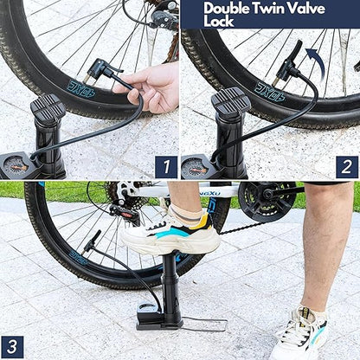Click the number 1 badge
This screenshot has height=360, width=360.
164,166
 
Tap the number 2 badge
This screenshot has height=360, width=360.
346,166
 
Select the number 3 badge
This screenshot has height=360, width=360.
12,345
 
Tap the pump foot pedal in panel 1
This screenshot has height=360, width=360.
48,107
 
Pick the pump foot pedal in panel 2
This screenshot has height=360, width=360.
230,104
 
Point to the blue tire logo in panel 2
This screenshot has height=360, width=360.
269,89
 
